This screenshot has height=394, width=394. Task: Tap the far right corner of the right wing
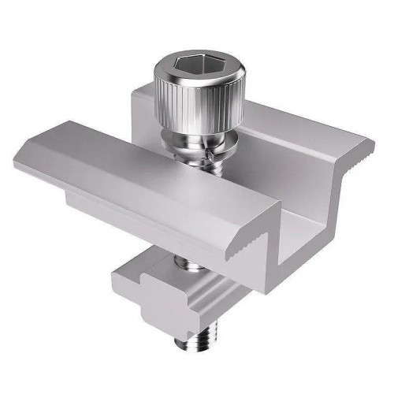pyautogui.click(x=372, y=142)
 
